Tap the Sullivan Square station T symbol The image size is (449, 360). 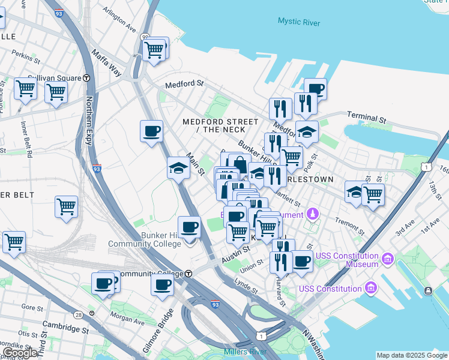tap(86, 78)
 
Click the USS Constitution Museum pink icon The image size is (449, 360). tap(388, 259)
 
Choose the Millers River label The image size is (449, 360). tap(244, 352)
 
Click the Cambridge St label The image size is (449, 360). tap(65, 329)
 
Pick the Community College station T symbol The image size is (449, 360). tap(188, 274)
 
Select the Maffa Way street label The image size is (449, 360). tap(106, 64)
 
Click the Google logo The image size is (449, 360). tap(20, 353)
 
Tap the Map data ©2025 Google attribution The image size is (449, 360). tap(412, 355)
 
